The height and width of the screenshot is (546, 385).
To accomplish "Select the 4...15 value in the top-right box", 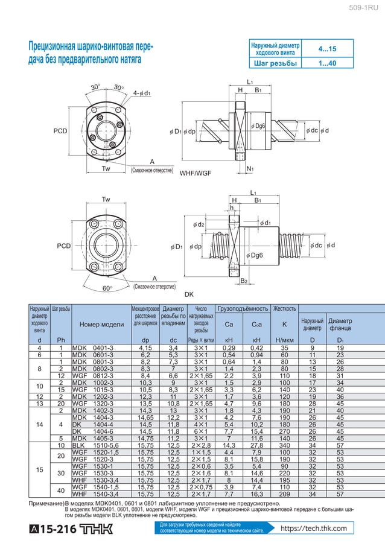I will pos(328,48).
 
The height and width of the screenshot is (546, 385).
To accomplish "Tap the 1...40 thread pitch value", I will pos(328,63).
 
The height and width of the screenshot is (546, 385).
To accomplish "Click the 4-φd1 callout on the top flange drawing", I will pos(142,93).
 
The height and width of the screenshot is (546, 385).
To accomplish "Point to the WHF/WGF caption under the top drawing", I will pos(196,173).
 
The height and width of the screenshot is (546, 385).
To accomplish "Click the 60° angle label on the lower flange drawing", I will pos(107,288).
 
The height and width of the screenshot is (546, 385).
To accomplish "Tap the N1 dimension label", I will pos(250,169).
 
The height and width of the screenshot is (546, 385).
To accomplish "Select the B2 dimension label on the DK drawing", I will pos(244,281).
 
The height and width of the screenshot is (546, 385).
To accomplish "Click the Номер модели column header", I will pos(101,324).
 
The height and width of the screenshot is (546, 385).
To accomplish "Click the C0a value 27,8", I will pos(256,445).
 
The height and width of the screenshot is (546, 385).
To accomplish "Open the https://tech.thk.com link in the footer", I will pos(313,529).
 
